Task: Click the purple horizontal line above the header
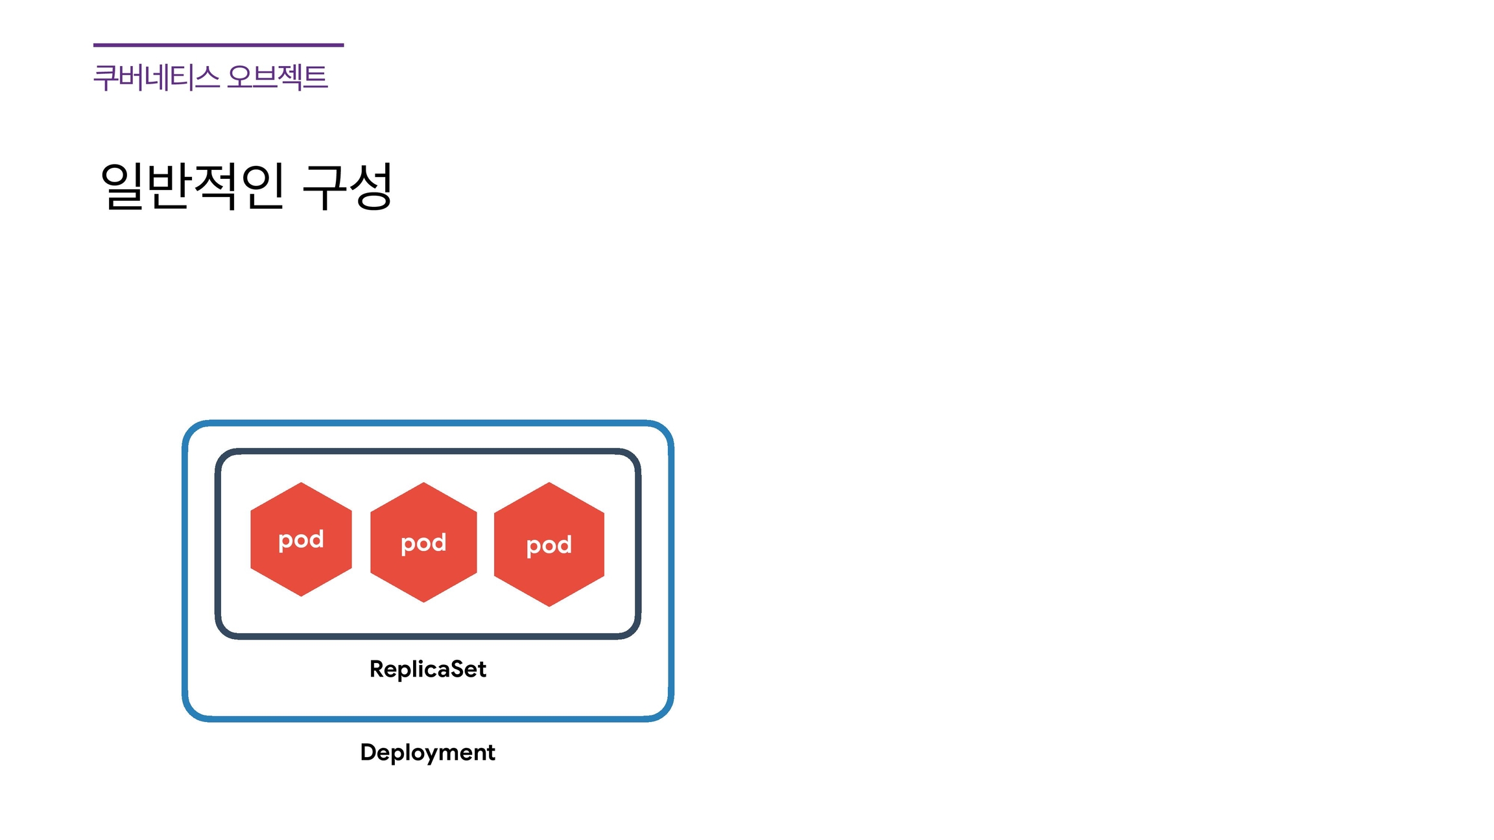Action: [218, 45]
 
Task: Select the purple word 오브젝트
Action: [278, 77]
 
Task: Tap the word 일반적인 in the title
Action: [193, 187]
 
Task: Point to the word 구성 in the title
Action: [348, 187]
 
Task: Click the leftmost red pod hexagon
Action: [301, 539]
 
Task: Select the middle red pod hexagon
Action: [423, 542]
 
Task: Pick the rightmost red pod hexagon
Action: [549, 544]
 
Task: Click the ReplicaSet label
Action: [427, 669]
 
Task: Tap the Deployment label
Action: [427, 752]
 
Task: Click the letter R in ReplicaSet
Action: [377, 669]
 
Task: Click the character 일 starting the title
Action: [122, 187]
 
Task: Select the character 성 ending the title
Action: [371, 187]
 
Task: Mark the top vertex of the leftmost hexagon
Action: [301, 483]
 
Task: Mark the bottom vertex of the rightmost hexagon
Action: [549, 606]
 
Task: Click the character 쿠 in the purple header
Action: [105, 77]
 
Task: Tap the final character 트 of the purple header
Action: [315, 77]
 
